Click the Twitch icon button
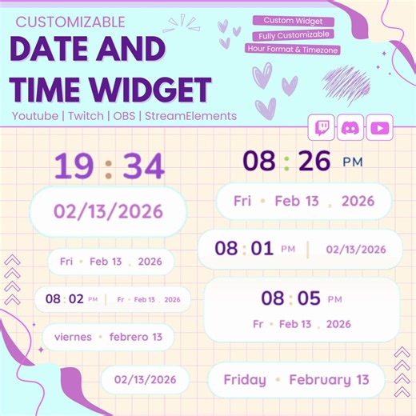point(322,126)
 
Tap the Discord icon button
point(351,126)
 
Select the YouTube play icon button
point(380,126)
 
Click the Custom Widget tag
point(294,21)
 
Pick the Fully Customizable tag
point(294,35)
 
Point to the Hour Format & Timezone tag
point(294,49)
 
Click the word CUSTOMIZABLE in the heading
point(70,22)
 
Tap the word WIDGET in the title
point(158,88)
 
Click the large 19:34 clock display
point(109,167)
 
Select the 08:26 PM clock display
point(302,162)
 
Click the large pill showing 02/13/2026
point(108,212)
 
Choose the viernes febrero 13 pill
point(108,337)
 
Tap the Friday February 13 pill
point(296,380)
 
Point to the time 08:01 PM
point(256,249)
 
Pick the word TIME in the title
point(50,88)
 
